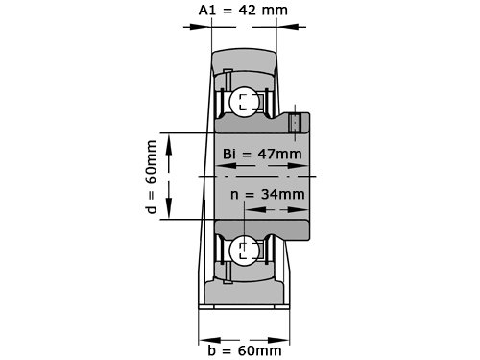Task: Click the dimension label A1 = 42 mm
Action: (x=243, y=11)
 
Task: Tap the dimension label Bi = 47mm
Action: (x=262, y=154)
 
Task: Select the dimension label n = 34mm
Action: (x=268, y=194)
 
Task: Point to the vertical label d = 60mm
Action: (x=151, y=177)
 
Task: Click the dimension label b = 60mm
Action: (x=245, y=350)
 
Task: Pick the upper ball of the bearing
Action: (x=245, y=102)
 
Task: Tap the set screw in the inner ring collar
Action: (x=295, y=123)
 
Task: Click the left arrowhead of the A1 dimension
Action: (x=201, y=27)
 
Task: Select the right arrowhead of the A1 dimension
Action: (x=287, y=27)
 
